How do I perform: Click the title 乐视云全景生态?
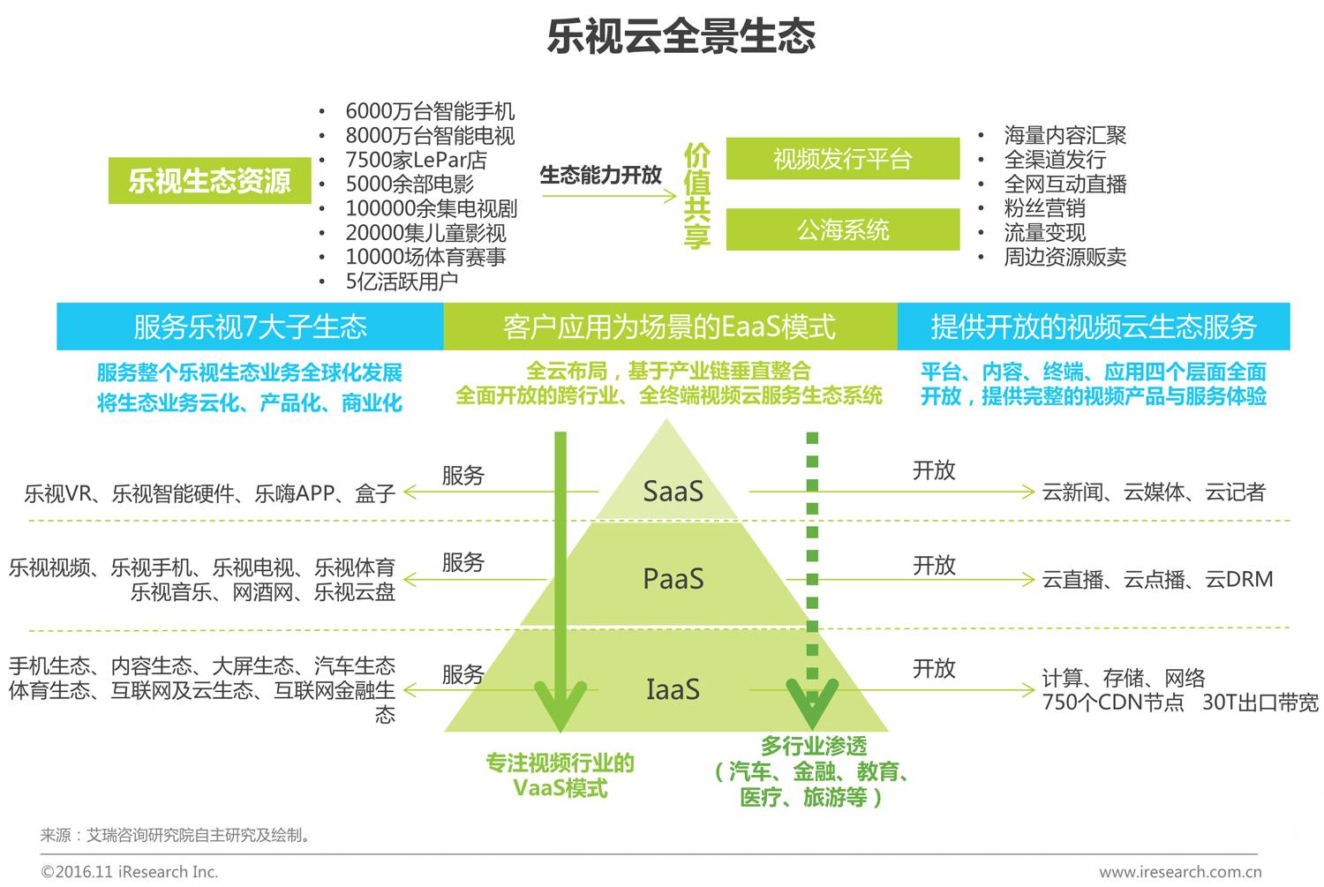[x=681, y=36]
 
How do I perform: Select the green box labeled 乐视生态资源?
[x=209, y=181]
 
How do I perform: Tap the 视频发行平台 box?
[x=842, y=159]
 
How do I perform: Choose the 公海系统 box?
[x=842, y=230]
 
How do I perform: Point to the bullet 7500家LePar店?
[x=416, y=160]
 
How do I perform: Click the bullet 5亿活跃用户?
[x=402, y=282]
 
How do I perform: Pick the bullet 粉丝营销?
[x=1044, y=208]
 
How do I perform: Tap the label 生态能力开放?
[x=600, y=175]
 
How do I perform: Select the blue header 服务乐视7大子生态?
[x=250, y=327]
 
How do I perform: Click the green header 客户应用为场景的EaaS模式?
[x=669, y=327]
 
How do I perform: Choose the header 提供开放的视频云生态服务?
[x=1094, y=327]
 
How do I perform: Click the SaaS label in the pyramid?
[x=673, y=491]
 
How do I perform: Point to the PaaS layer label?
[x=673, y=579]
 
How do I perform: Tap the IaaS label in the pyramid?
[x=673, y=689]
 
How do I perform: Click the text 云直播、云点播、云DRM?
[x=1157, y=579]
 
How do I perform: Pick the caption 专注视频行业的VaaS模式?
[x=560, y=775]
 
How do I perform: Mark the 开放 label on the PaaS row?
[x=934, y=565]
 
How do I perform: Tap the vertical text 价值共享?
[x=696, y=196]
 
